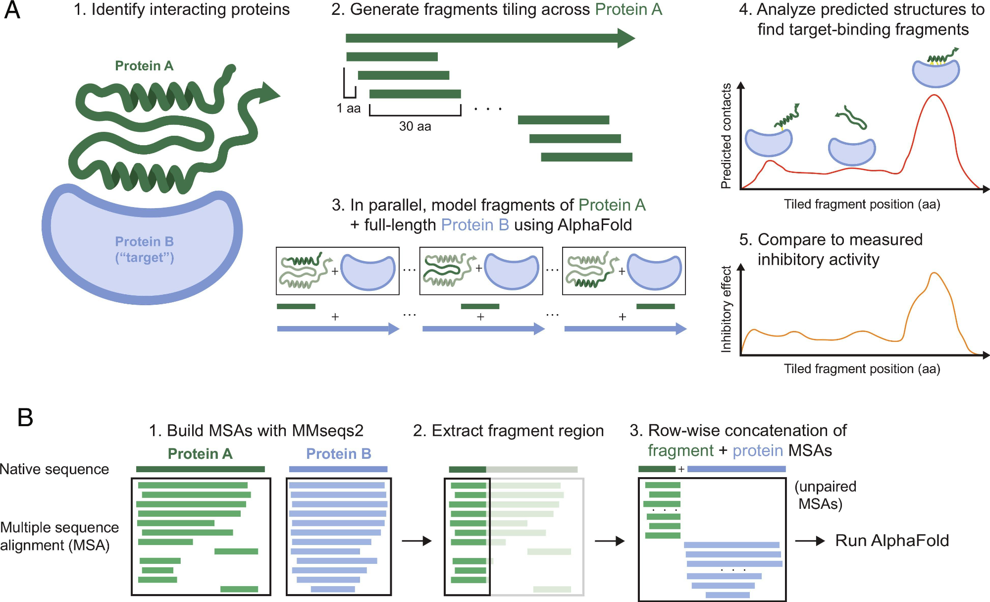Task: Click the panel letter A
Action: (12, 11)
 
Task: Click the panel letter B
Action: (25, 417)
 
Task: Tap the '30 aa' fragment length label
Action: (415, 126)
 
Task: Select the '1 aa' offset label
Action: (348, 109)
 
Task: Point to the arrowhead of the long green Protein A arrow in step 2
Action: (626, 38)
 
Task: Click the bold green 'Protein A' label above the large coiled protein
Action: (144, 66)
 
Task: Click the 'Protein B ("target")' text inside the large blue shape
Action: (144, 249)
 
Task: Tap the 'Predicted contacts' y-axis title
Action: (726, 136)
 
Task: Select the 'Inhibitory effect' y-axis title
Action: (726, 309)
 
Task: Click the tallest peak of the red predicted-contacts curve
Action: (934, 95)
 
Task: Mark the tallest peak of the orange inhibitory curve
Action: (934, 273)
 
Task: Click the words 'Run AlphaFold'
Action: (892, 541)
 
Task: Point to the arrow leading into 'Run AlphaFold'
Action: (810, 541)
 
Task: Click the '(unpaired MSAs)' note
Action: (825, 495)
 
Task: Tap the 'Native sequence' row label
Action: (54, 469)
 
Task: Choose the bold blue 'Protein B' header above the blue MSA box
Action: (339, 454)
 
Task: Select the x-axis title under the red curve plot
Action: (862, 204)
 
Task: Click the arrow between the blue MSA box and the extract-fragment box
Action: (417, 541)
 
